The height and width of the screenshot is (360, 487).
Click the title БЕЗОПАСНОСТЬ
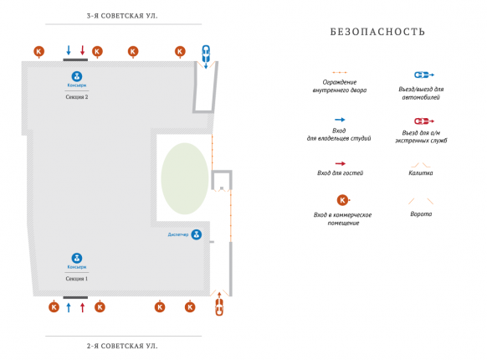coord(377,32)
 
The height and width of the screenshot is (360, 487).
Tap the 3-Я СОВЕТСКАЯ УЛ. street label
coord(122,16)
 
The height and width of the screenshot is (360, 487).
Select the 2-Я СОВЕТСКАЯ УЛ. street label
coord(122,346)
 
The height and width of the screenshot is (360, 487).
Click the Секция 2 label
coord(77,97)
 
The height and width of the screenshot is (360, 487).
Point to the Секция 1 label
coord(77,279)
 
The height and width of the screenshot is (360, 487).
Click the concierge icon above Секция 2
coord(77,76)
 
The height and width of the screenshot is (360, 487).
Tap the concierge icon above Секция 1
coord(77,258)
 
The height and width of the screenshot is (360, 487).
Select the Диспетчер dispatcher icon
coord(197,234)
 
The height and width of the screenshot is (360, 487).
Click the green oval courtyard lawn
coord(185,178)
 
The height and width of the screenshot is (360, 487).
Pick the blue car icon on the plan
coord(206,54)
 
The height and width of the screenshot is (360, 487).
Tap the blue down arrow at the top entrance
coord(69,50)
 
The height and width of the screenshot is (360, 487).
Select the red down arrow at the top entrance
coord(82,50)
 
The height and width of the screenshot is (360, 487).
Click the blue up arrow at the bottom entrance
coord(69,307)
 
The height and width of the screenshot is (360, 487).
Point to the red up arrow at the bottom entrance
coord(82,307)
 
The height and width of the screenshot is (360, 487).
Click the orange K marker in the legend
coord(342,200)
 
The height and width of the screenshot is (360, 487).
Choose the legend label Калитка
coord(421,172)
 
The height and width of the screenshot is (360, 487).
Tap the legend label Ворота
coord(421,213)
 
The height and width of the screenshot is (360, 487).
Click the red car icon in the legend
coord(424,121)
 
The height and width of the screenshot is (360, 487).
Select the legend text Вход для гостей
coord(340,172)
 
